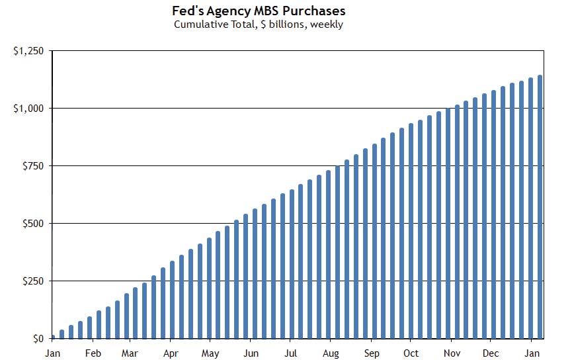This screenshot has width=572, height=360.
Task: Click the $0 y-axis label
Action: click(x=36, y=339)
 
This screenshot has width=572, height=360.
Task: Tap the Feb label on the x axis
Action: click(x=93, y=353)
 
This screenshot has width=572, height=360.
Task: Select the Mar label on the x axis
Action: click(x=130, y=353)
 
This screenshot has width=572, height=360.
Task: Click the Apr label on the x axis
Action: click(x=171, y=353)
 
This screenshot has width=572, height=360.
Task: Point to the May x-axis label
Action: click(x=210, y=353)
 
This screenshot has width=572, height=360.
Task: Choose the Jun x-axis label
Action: click(x=251, y=353)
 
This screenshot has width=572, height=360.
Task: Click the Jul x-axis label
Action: click(x=290, y=353)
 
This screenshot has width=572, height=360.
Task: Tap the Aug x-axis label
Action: click(x=331, y=353)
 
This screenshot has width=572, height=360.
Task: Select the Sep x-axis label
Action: click(x=372, y=353)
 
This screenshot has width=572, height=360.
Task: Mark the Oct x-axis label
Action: click(x=411, y=353)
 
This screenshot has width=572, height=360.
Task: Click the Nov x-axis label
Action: click(x=452, y=353)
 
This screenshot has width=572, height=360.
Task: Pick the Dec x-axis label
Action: click(x=491, y=353)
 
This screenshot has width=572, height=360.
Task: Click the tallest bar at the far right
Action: click(x=540, y=206)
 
